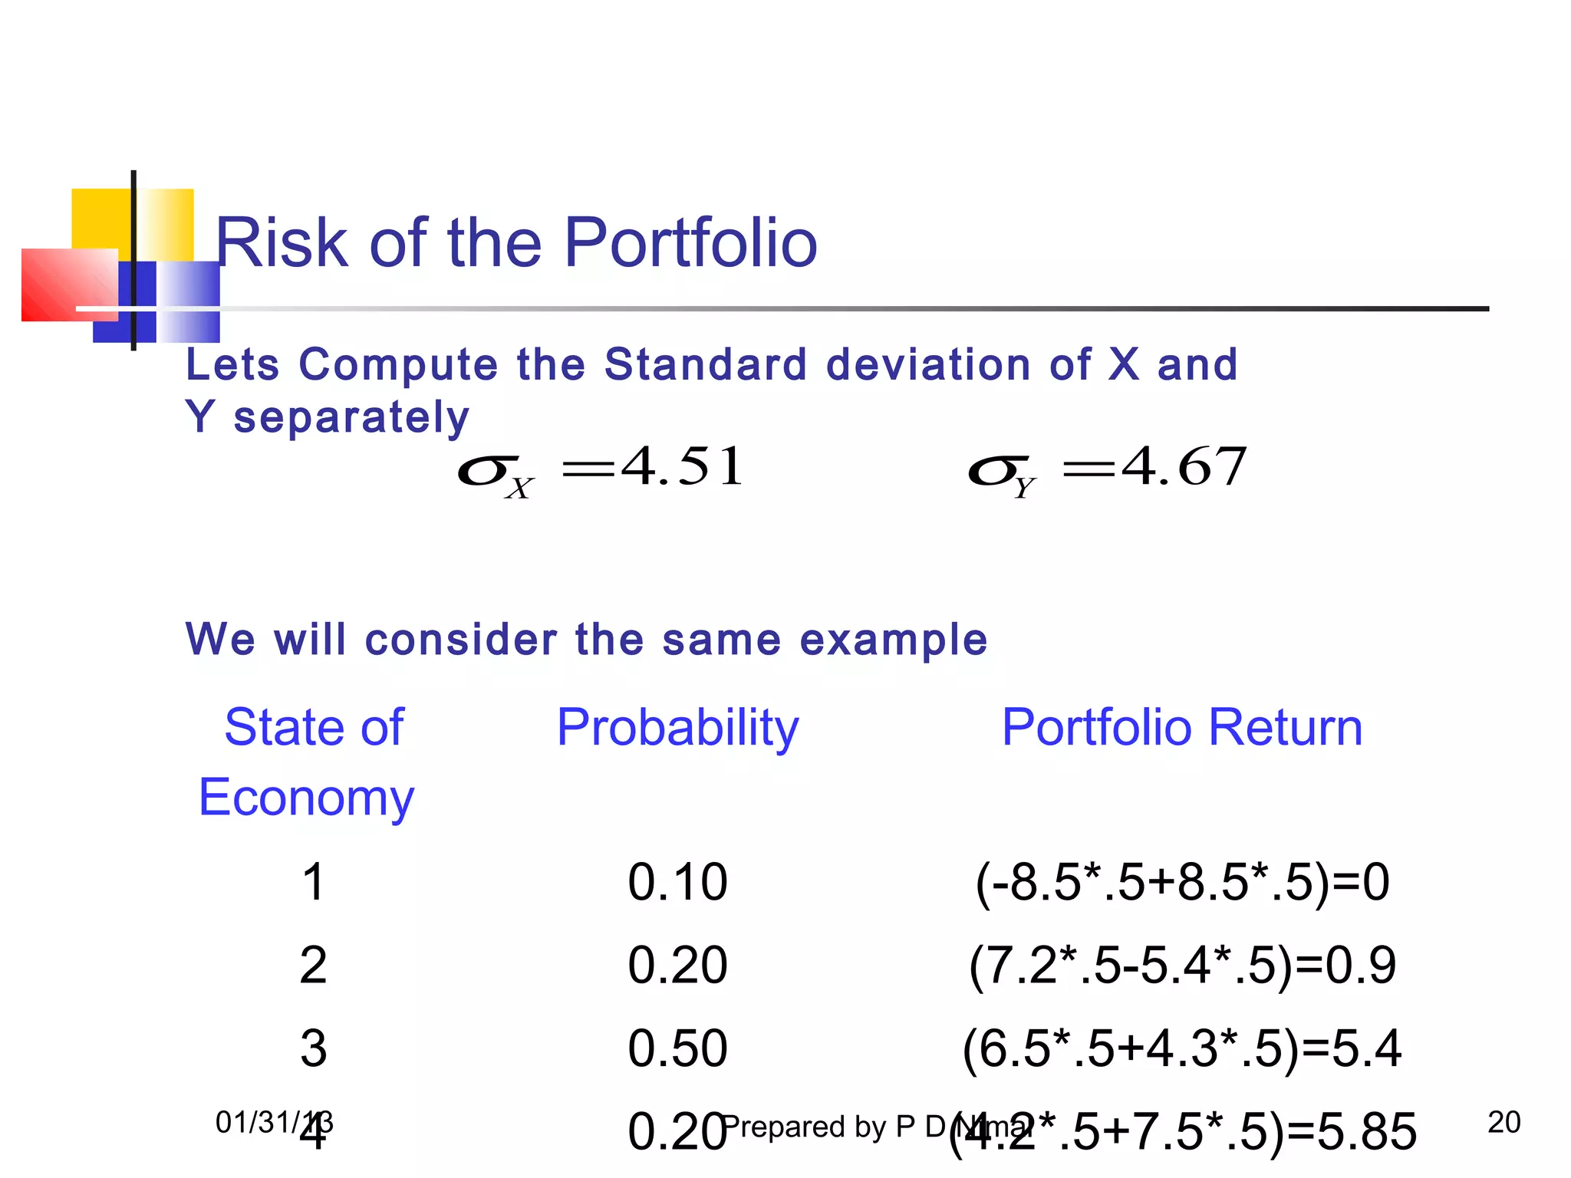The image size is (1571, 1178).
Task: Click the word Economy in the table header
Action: [x=306, y=798]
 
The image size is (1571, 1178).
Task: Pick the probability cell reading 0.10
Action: [x=677, y=882]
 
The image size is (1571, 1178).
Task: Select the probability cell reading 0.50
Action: [x=677, y=1048]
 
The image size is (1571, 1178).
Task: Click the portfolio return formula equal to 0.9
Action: [x=1182, y=965]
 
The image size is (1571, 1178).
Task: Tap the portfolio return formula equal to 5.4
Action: [x=1182, y=1048]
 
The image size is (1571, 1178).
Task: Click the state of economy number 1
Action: [x=313, y=882]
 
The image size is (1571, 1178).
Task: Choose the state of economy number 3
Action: [x=313, y=1048]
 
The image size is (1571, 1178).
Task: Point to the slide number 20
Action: [x=1503, y=1123]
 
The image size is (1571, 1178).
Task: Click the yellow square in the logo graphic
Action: [x=100, y=218]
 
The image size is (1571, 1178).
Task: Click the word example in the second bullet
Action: [x=894, y=639]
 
